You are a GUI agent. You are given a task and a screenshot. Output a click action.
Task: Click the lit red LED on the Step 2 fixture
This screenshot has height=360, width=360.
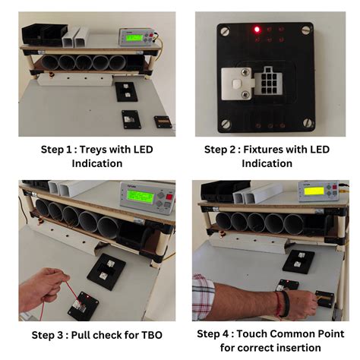pyautogui.click(x=257, y=30)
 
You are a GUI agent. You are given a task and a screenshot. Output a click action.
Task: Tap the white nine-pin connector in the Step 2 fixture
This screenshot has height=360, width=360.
pyautogui.click(x=267, y=81)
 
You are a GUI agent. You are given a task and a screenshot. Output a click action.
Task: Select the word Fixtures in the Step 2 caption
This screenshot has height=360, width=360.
pyautogui.click(x=263, y=150)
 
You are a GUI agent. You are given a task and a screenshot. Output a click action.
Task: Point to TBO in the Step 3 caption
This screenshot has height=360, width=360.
pyautogui.click(x=152, y=335)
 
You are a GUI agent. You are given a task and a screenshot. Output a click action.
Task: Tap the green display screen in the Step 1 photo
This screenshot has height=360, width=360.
pyautogui.click(x=134, y=38)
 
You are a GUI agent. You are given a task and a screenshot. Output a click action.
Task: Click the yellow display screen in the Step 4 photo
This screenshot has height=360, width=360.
pyautogui.click(x=314, y=191)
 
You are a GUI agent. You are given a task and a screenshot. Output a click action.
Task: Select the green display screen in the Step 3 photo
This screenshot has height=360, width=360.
pyautogui.click(x=141, y=197)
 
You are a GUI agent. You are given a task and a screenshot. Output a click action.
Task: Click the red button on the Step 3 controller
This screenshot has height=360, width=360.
pyautogui.click(x=169, y=197)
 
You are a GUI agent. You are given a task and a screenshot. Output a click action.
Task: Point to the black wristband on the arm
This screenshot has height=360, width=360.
pyautogui.click(x=286, y=304)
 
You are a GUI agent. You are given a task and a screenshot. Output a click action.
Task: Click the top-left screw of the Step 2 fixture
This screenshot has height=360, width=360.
pyautogui.click(x=225, y=32)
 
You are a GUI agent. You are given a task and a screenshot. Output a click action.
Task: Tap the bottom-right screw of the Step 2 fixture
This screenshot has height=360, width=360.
pyautogui.click(x=308, y=123)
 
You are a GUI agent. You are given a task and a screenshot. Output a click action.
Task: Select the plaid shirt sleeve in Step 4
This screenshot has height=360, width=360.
pyautogui.click(x=203, y=297)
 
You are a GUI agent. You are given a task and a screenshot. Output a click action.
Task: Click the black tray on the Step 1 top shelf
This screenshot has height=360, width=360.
pyautogui.click(x=44, y=34)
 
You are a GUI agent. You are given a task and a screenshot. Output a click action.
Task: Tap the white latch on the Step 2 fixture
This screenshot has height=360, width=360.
pyautogui.click(x=237, y=84)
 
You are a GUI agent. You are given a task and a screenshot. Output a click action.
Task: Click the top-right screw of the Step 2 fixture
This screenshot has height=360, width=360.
pyautogui.click(x=307, y=30)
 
